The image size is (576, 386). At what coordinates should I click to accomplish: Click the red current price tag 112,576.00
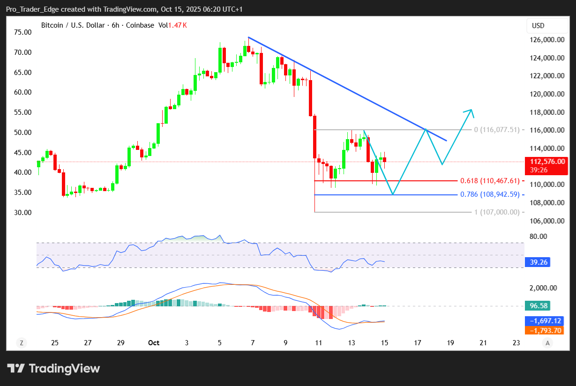pos(546,161)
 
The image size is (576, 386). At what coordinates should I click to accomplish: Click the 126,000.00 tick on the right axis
pos(546,40)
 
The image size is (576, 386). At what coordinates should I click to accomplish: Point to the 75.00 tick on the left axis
pos(23,32)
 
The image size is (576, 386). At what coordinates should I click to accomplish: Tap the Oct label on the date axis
pos(153,343)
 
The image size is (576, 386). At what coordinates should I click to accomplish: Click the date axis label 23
pos(516,343)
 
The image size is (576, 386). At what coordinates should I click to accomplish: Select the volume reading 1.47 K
pos(179,25)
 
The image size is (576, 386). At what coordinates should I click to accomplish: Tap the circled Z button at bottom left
pos(22,343)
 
